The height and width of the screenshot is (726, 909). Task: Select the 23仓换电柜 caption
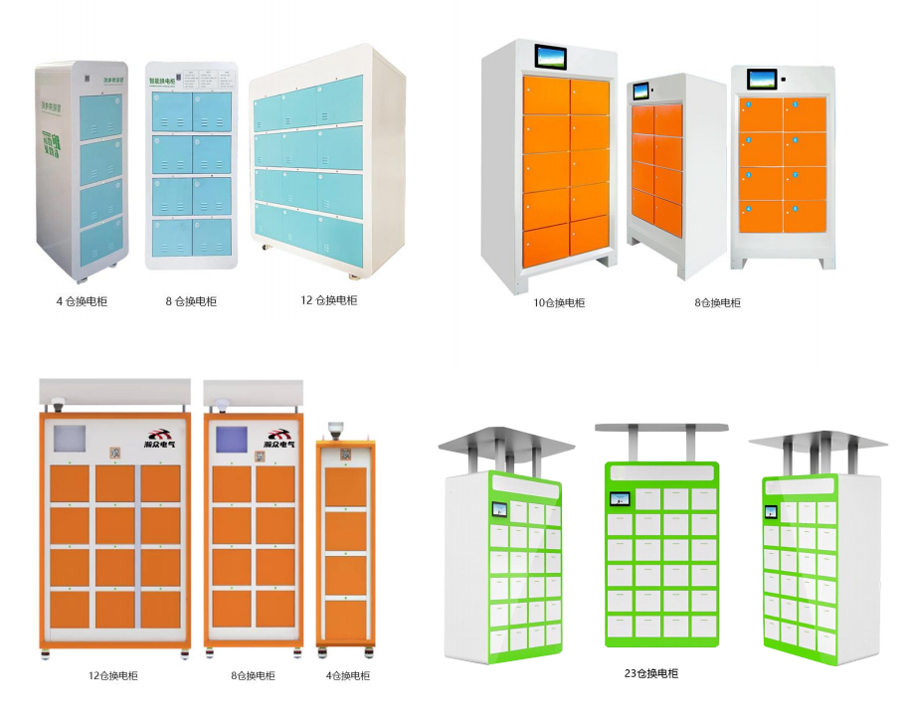pos(650,673)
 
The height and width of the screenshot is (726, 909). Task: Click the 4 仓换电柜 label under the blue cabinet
pos(82,300)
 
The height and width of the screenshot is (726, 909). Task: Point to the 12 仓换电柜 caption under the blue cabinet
pos(328,299)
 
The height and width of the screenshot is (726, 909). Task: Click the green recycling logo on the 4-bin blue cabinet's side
pos(51,144)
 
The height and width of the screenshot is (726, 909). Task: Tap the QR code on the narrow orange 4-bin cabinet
pos(346,454)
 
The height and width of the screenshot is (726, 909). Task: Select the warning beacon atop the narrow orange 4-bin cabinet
pos(336,431)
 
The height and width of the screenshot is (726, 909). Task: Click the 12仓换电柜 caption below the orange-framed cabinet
pos(112,675)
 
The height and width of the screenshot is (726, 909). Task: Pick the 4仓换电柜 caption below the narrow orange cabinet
pos(347,675)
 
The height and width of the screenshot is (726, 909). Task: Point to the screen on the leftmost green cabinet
pos(499,510)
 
